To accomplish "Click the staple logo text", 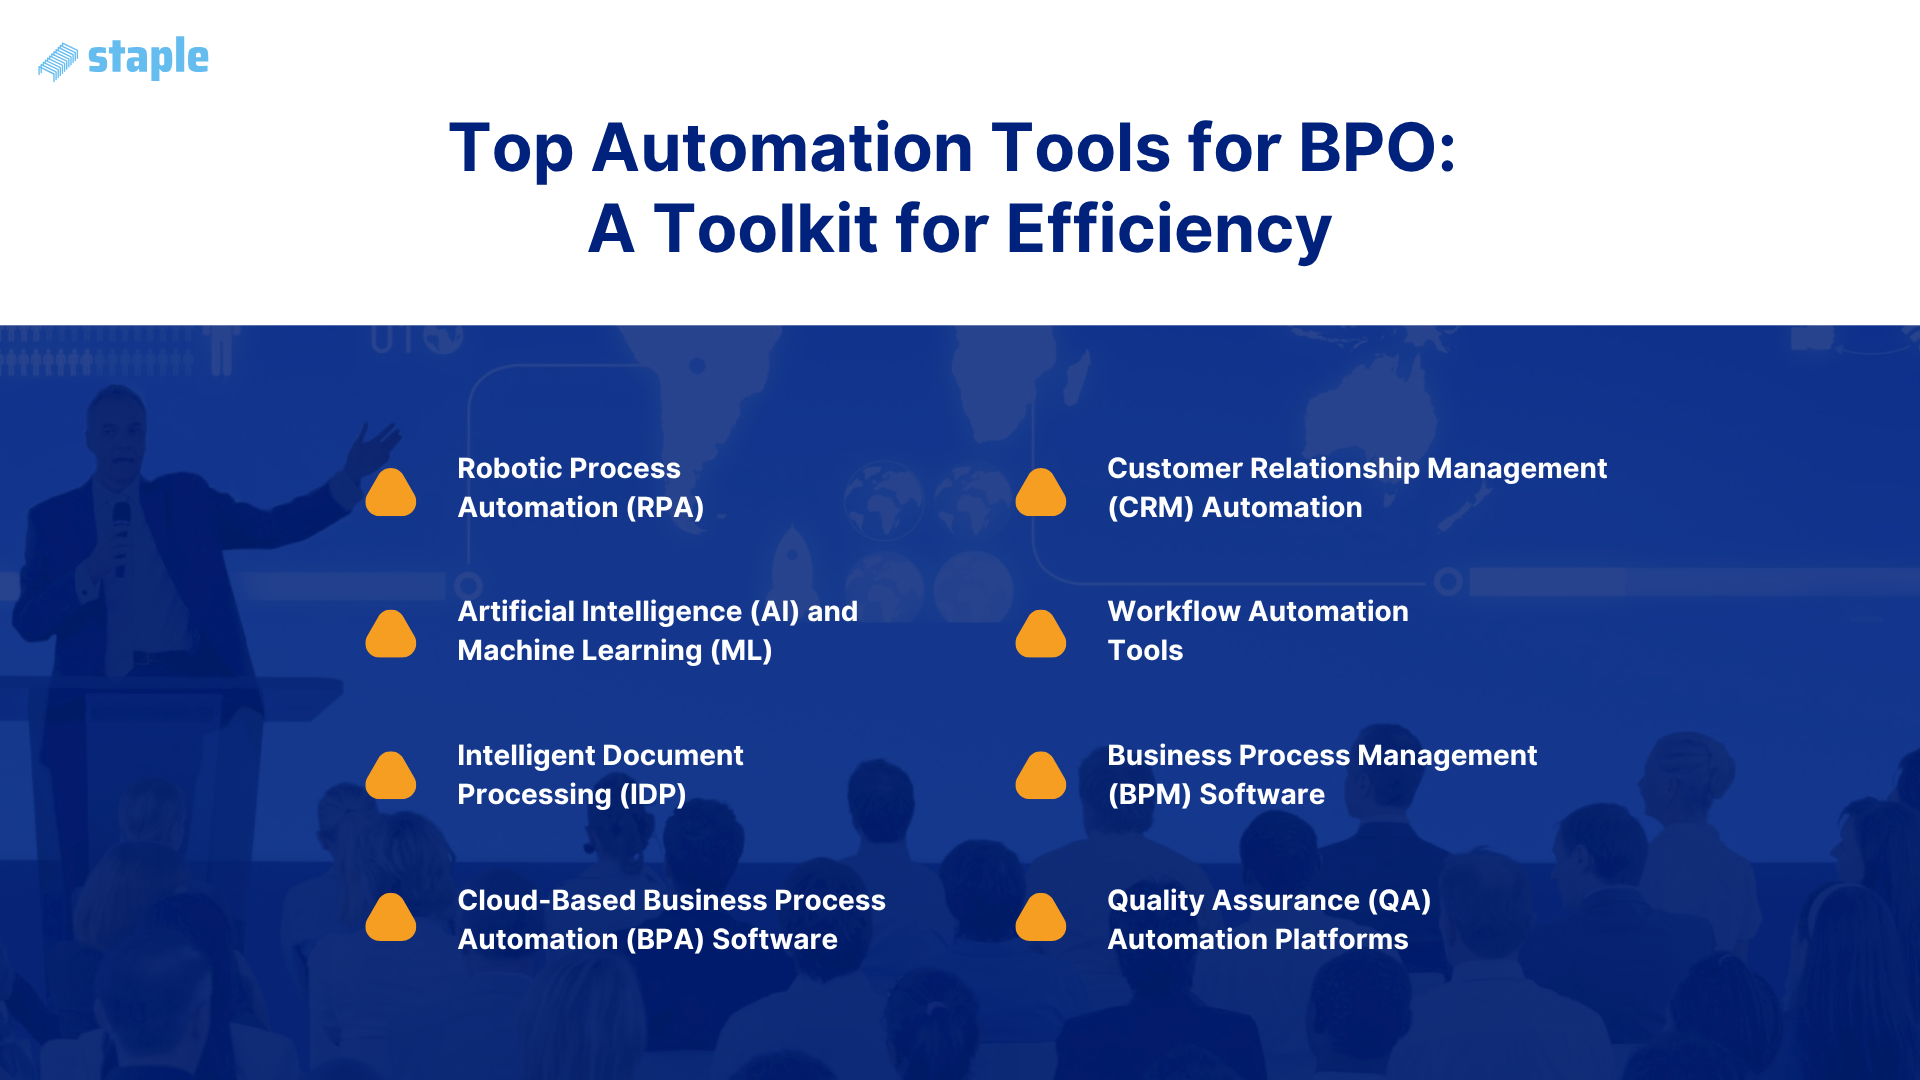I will [148, 58].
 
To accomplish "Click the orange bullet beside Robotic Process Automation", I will [391, 492].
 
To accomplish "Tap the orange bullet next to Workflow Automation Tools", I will [1041, 634].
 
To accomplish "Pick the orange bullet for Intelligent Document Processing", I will [391, 776].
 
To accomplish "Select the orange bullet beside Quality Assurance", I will [1041, 918].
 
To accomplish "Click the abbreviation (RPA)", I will [665, 508].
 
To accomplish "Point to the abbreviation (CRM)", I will [1150, 508].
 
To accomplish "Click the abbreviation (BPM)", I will [1149, 795].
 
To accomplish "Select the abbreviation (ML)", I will [741, 651].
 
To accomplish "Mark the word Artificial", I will [515, 612].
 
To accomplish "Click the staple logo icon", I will [58, 61].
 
